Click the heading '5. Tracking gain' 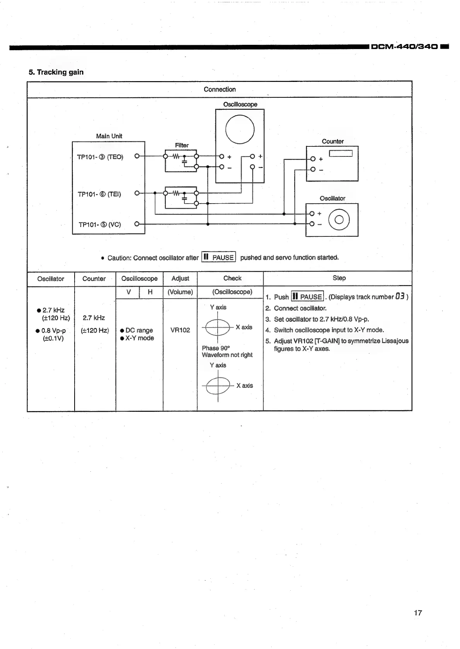56,72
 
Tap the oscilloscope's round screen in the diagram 240,129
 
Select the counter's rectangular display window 341,153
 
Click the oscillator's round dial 339,219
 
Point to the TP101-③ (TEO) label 100,157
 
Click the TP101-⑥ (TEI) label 99,194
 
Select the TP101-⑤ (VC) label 100,224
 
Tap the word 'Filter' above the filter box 182,145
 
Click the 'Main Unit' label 109,136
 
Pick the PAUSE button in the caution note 219,257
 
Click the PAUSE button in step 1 307,297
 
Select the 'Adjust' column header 180,279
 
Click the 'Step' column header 339,278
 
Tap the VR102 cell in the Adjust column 180,330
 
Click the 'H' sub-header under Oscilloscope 150,292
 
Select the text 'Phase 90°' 216,348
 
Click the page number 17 418,613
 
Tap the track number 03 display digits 400,297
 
